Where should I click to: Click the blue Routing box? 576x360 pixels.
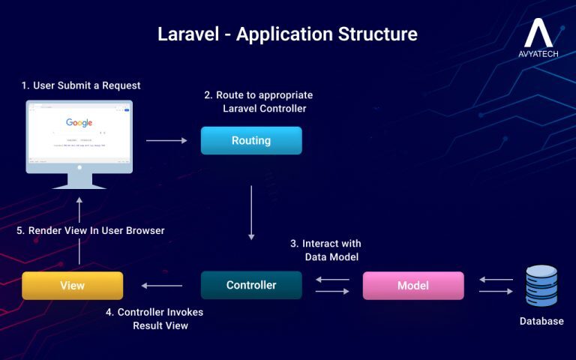[x=251, y=140]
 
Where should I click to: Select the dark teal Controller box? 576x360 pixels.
[x=251, y=285]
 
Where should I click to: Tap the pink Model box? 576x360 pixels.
[x=413, y=286]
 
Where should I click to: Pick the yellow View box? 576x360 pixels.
[x=72, y=286]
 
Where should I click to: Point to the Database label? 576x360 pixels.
[x=541, y=322]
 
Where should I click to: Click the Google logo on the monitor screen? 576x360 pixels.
[x=79, y=123]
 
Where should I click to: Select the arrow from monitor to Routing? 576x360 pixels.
[x=166, y=140]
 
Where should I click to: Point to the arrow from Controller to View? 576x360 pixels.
[x=162, y=285]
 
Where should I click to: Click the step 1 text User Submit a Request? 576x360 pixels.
[x=80, y=85]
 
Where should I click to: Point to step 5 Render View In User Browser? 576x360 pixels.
[x=90, y=230]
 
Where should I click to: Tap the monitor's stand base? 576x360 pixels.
[x=79, y=185]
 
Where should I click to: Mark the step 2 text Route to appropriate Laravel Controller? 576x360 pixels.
[x=259, y=102]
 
